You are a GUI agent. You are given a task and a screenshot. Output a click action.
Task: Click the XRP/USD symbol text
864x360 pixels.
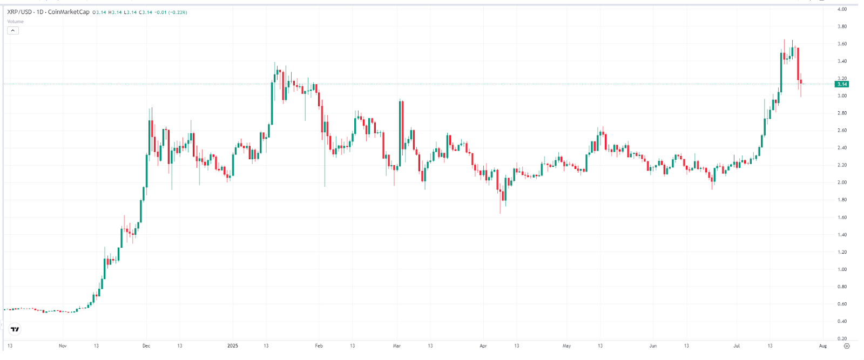click(x=19, y=12)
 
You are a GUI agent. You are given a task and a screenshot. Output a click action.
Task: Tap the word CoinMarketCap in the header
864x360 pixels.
click(x=69, y=12)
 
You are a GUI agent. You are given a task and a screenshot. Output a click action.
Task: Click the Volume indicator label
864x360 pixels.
click(x=15, y=22)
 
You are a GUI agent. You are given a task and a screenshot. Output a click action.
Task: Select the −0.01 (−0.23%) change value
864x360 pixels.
click(x=171, y=12)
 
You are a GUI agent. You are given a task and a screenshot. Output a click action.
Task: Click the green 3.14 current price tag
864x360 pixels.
click(x=842, y=84)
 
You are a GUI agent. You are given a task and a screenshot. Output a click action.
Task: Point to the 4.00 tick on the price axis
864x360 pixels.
click(x=842, y=9)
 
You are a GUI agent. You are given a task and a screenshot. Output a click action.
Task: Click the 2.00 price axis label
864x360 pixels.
click(x=842, y=182)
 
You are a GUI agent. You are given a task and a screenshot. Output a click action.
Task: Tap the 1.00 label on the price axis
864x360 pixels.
click(x=842, y=269)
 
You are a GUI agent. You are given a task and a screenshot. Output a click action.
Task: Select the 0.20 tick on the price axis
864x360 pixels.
click(x=842, y=338)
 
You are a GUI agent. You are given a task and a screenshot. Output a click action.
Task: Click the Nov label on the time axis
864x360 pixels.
click(x=63, y=346)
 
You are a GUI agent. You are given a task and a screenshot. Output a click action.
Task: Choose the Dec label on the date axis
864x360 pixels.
click(x=146, y=346)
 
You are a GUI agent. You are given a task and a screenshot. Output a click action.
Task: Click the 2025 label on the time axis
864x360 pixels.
click(x=233, y=346)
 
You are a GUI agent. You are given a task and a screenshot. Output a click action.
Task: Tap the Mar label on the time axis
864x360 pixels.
click(x=397, y=346)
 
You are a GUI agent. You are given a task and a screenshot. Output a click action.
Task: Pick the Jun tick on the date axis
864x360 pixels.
click(x=653, y=346)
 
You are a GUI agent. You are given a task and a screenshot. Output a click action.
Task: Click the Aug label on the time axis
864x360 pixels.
click(x=823, y=346)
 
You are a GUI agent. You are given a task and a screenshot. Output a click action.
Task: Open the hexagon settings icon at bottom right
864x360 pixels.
click(x=847, y=346)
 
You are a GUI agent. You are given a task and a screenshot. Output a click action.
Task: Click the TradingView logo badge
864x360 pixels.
click(x=15, y=329)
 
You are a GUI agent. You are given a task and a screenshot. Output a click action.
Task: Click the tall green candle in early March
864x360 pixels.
click(x=401, y=132)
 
